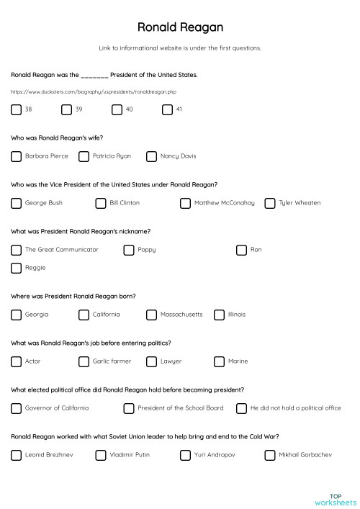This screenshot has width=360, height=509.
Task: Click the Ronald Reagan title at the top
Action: click(180, 27)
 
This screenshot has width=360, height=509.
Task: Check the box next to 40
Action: click(117, 109)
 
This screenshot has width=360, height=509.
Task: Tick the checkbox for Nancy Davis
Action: click(151, 156)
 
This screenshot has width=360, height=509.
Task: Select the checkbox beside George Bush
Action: click(16, 203)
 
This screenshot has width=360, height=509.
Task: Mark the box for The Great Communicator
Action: click(16, 250)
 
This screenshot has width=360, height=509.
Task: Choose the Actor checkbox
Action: click(16, 361)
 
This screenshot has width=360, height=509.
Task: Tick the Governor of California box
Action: click(16, 408)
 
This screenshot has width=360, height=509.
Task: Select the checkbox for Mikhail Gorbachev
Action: click(270, 455)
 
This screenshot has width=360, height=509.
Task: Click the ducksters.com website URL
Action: click(84, 92)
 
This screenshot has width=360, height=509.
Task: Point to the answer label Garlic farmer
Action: click(112, 361)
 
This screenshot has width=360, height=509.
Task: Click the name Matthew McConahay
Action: click(224, 203)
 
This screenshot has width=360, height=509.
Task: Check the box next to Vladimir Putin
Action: click(100, 455)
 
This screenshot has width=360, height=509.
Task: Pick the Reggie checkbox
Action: click(16, 268)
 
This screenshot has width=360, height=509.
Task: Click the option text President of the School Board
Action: click(180, 408)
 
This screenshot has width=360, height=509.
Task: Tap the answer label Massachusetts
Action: click(181, 315)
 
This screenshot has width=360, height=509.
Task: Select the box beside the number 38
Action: click(16, 109)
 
